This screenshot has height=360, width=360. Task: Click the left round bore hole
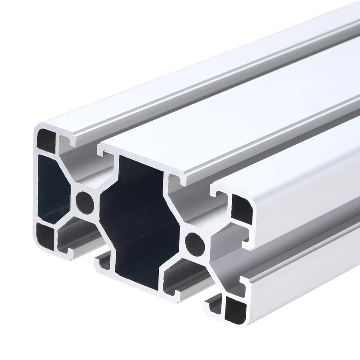click(x=85, y=202)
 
